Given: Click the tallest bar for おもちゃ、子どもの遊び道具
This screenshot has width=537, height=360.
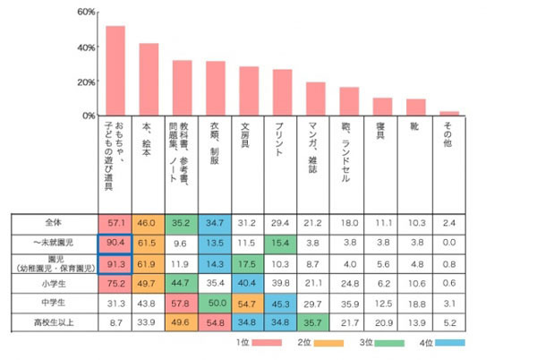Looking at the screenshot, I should (115, 71).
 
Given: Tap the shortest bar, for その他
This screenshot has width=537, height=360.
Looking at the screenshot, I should (449, 114).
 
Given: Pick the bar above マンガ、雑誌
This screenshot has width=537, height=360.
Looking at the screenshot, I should (316, 99).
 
